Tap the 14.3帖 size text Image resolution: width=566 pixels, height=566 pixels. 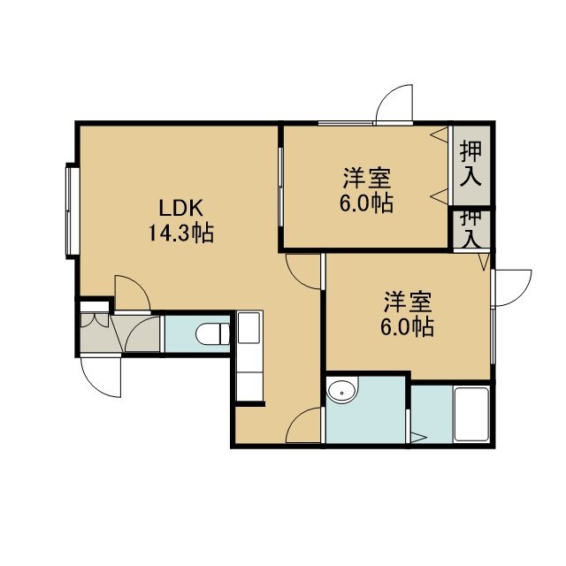(x=181, y=233)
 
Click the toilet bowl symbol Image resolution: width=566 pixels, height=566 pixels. (x=212, y=334)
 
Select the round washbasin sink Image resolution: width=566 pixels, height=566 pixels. (x=342, y=390)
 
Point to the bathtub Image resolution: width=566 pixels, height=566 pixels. (x=471, y=415)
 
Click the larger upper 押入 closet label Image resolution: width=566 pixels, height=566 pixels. (x=470, y=164)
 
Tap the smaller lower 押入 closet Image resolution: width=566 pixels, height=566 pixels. (x=471, y=230)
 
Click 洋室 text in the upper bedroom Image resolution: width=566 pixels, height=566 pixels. (x=367, y=178)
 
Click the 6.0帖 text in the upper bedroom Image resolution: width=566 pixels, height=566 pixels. (x=366, y=203)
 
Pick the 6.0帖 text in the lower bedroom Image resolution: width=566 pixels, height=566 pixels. (x=407, y=327)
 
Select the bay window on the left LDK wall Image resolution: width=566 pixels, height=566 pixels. (x=73, y=211)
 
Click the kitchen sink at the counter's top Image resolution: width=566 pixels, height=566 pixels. (x=249, y=328)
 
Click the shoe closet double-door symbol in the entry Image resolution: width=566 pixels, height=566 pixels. (x=95, y=320)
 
